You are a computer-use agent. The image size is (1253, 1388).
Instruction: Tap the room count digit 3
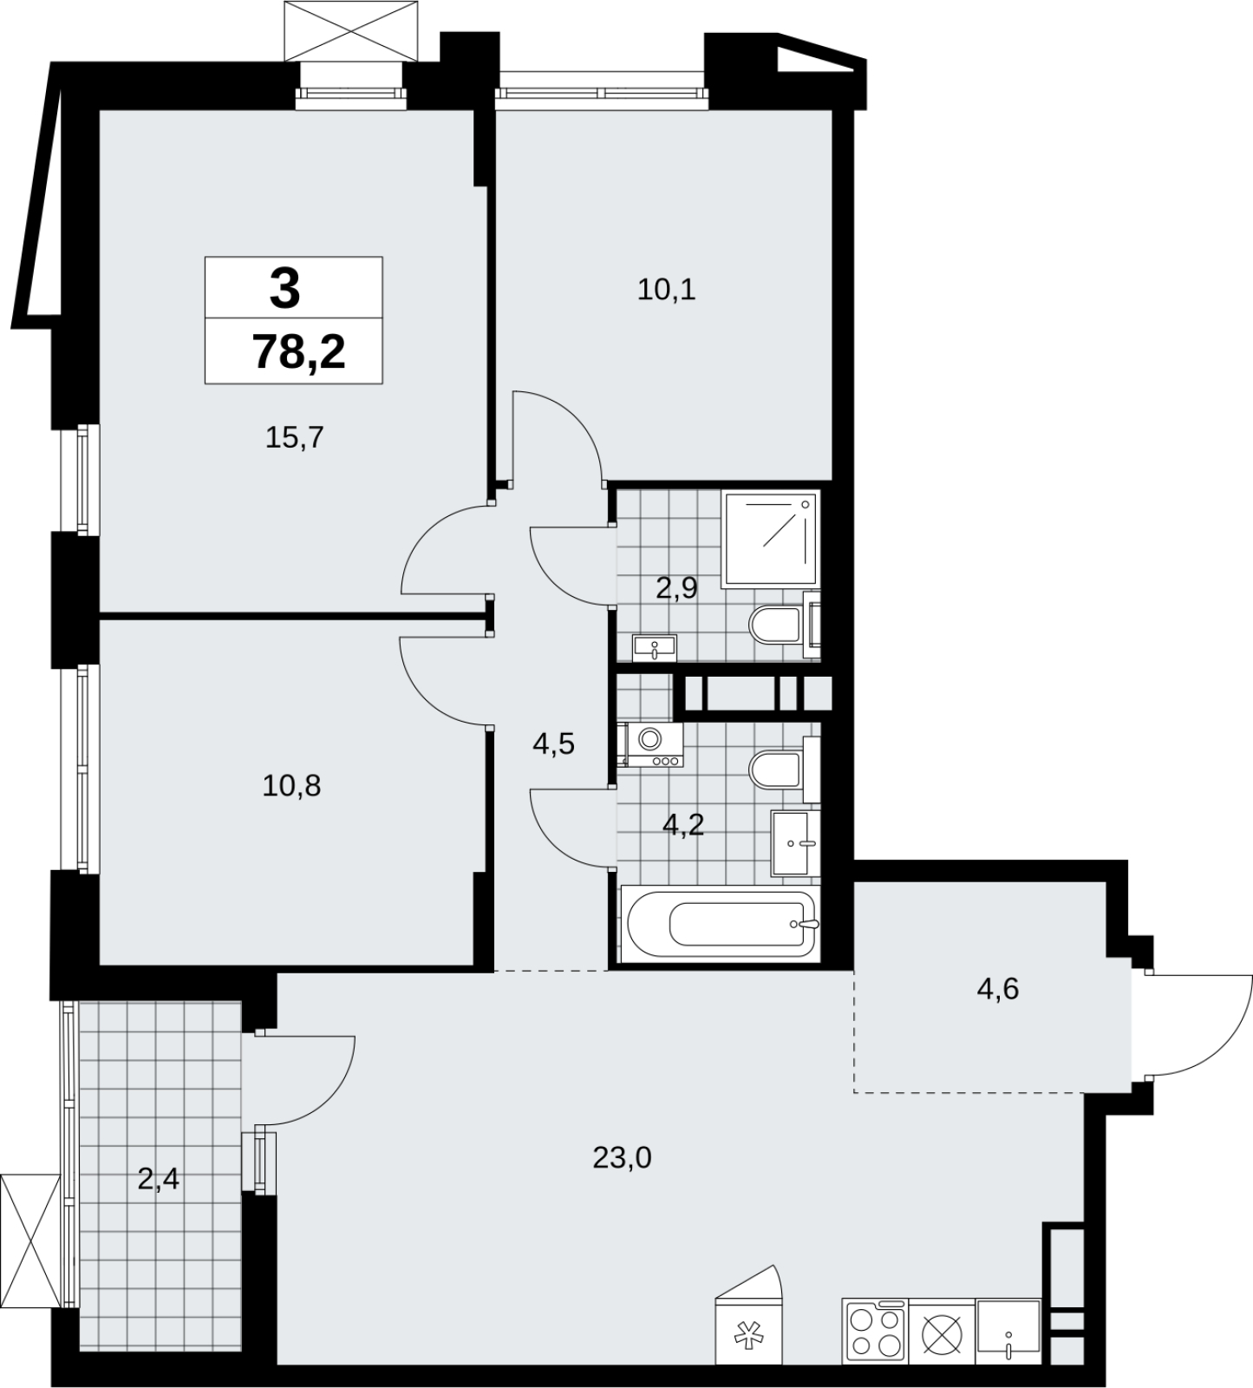pyautogui.click(x=284, y=289)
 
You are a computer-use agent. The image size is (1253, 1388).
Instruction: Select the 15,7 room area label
pyautogui.click(x=294, y=437)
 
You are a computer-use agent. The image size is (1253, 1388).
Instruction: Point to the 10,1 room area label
pyautogui.click(x=667, y=290)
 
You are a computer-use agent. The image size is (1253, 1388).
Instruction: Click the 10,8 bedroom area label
pyautogui.click(x=291, y=786)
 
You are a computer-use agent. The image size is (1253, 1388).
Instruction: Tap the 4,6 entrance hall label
pyautogui.click(x=998, y=988)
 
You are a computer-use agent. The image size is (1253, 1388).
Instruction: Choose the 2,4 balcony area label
pyautogui.click(x=159, y=1179)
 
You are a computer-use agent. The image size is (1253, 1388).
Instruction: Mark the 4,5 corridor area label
pyautogui.click(x=554, y=743)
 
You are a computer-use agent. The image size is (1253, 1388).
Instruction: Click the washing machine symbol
pyautogui.click(x=651, y=744)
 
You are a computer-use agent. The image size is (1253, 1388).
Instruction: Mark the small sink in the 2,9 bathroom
pyautogui.click(x=654, y=648)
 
